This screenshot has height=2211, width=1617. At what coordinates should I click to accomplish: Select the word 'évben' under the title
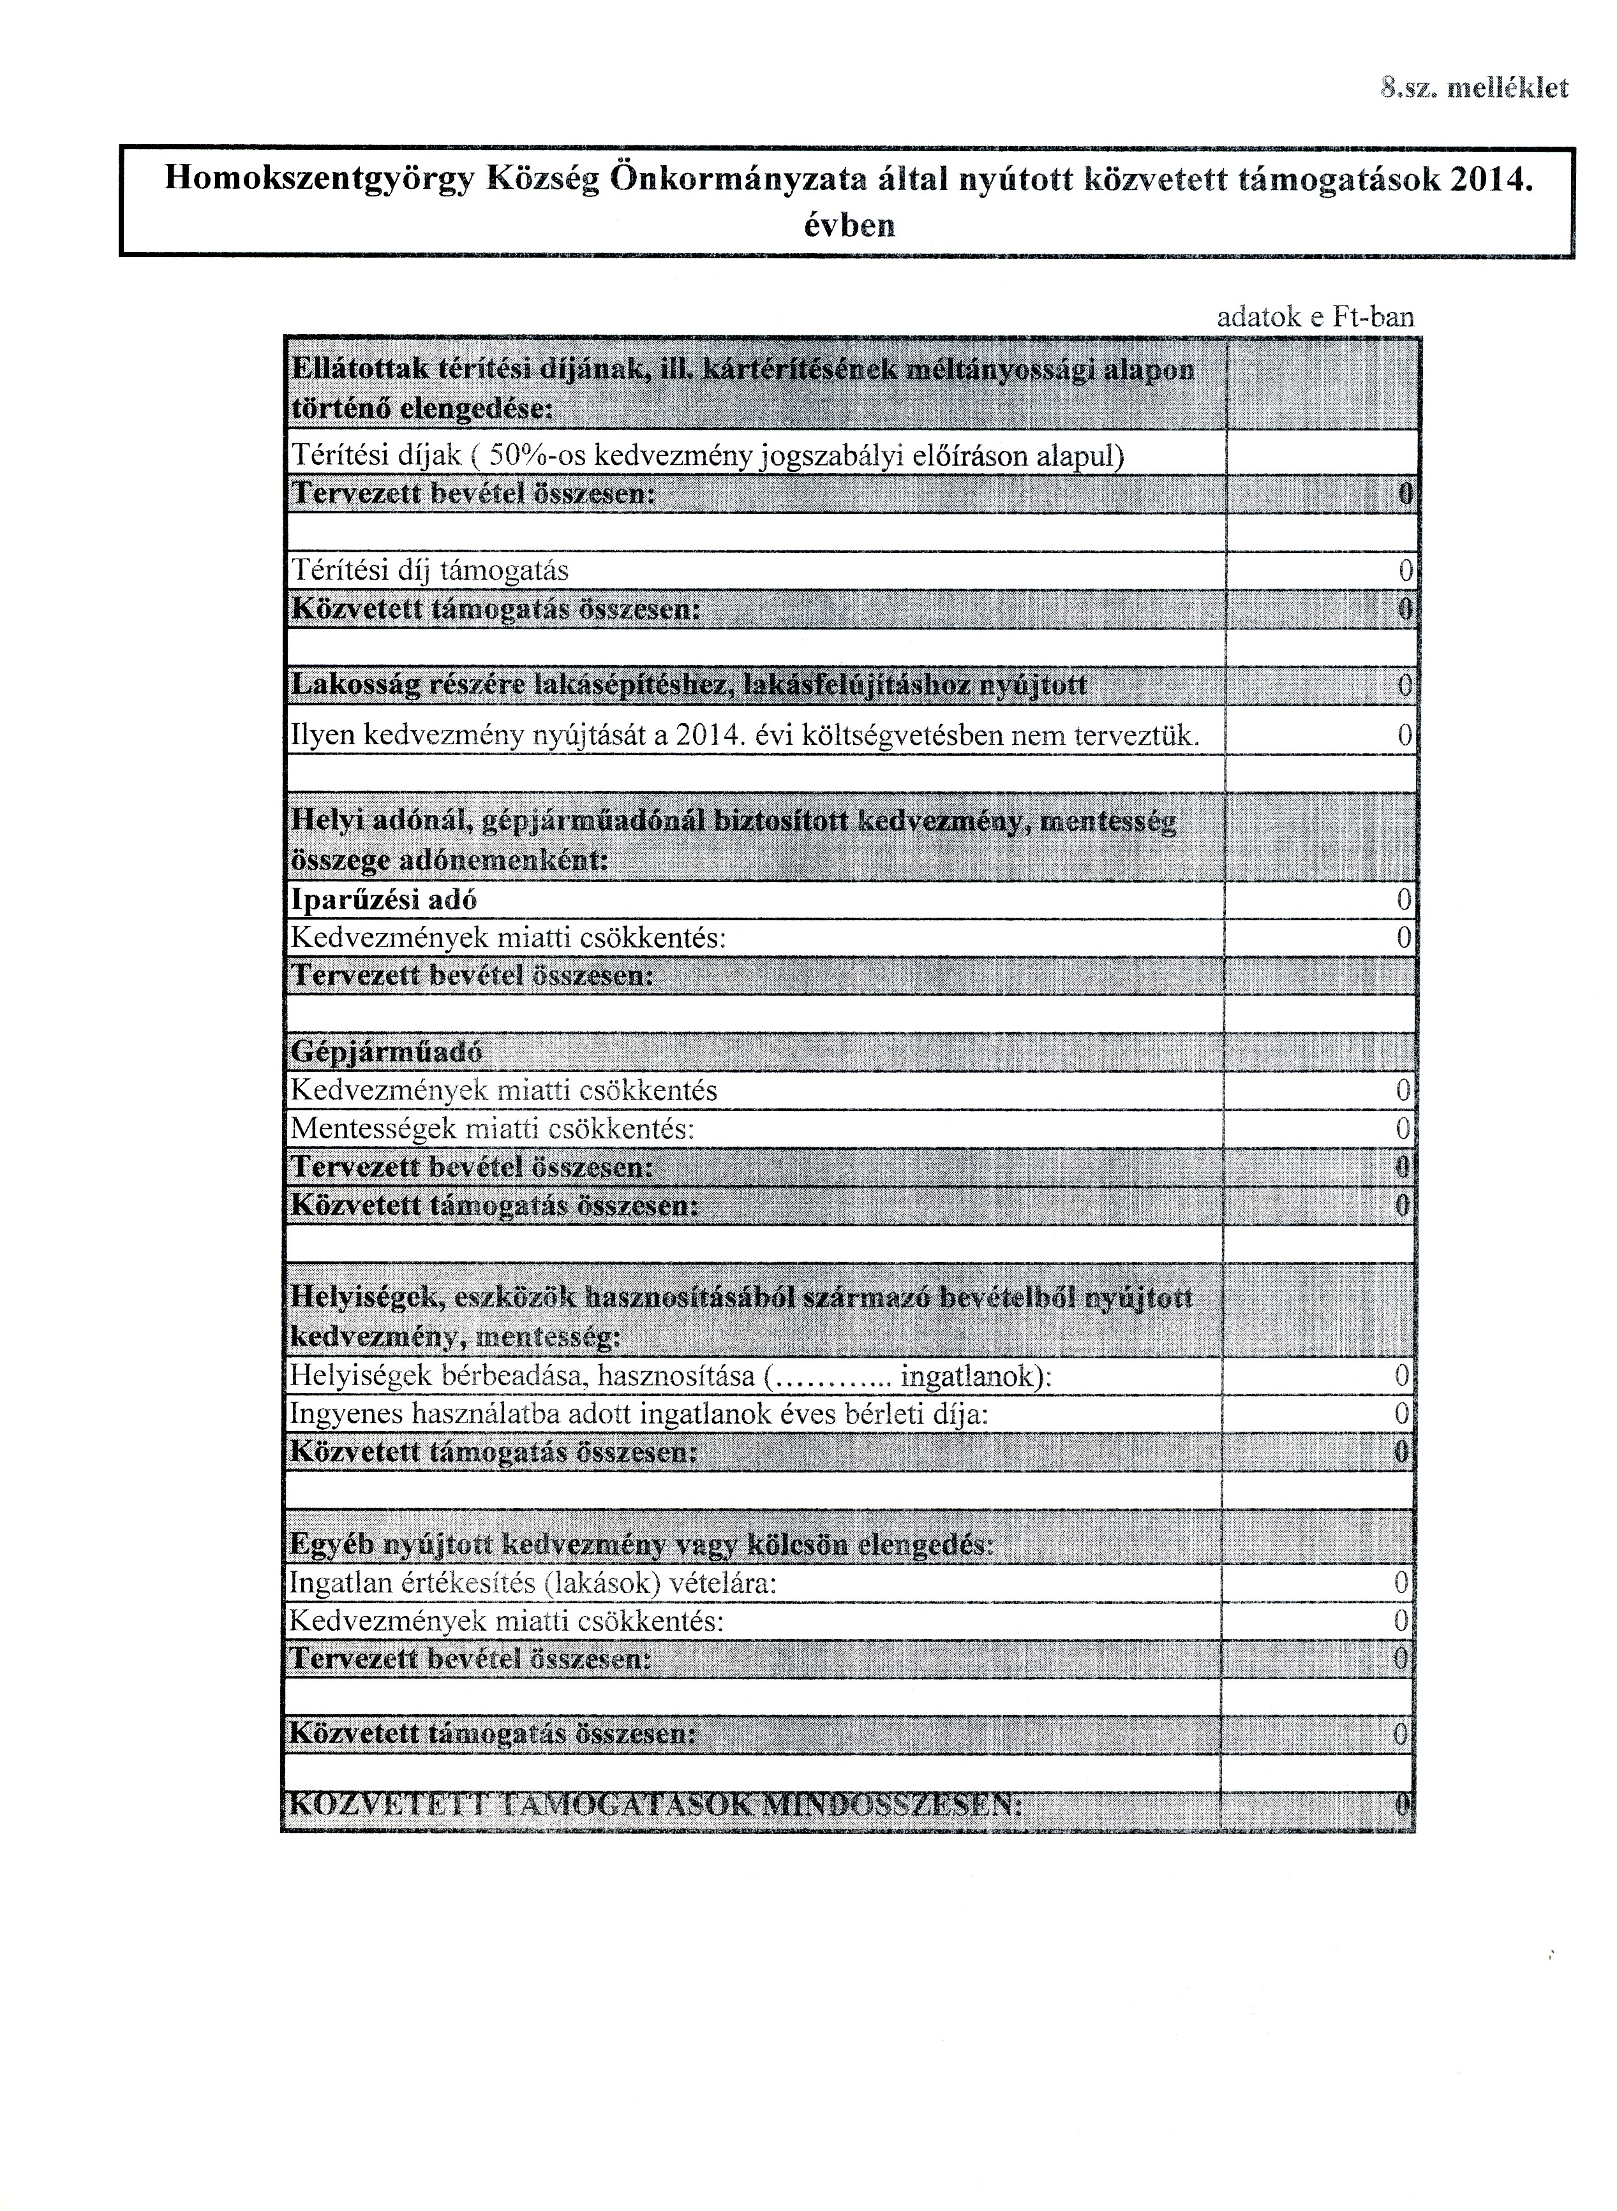(x=847, y=226)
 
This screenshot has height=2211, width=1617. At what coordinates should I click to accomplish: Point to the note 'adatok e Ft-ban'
(x=1315, y=316)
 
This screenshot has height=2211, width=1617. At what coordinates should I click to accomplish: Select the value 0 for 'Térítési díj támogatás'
(x=1406, y=569)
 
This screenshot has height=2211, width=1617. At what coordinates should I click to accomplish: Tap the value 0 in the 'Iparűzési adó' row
(x=1405, y=899)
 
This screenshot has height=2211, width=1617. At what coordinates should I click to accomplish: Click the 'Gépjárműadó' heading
(x=387, y=1052)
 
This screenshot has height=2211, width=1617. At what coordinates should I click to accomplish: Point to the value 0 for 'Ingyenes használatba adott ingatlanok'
(x=1403, y=1414)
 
